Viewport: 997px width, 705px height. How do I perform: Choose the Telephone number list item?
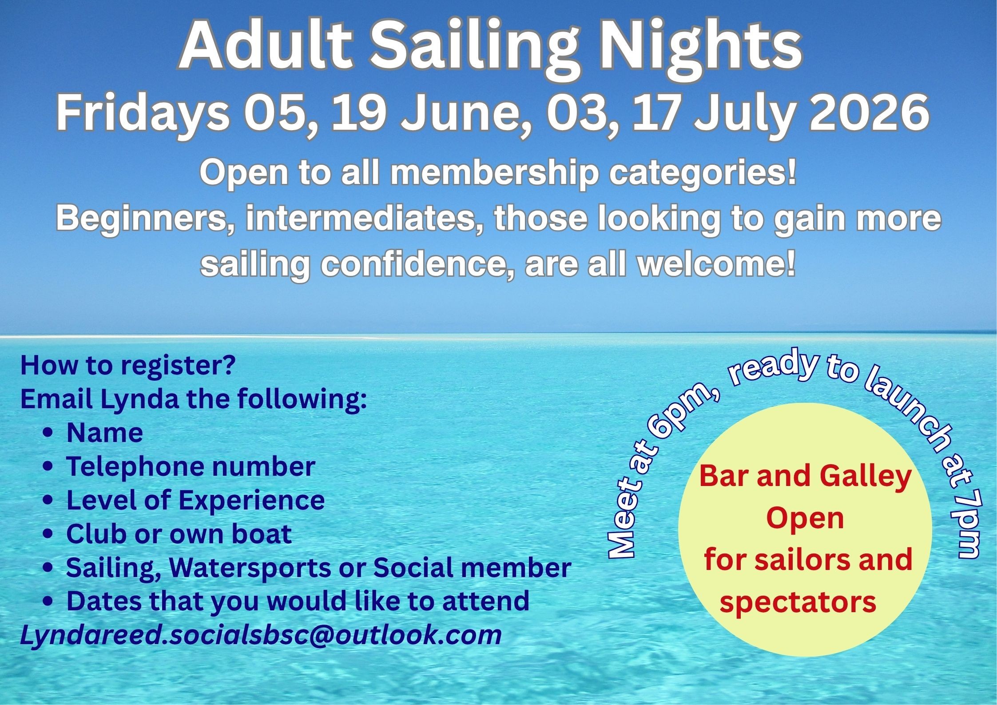click(191, 466)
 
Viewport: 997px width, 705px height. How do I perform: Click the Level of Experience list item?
click(195, 500)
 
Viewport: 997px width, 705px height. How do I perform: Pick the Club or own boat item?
click(179, 534)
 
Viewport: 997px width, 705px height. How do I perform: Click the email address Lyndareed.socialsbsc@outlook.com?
click(261, 635)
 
